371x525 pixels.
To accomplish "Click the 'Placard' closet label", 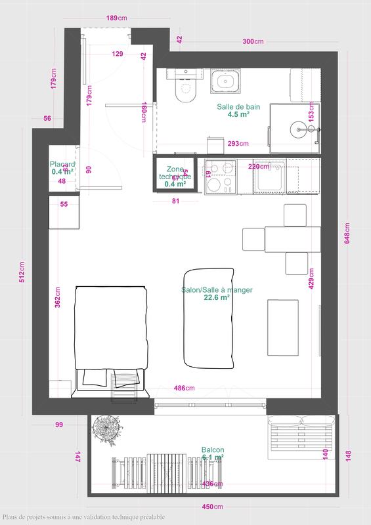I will (64, 165).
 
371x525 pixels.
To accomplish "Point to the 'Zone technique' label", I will (175, 173).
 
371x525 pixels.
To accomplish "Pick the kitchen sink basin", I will (269, 177).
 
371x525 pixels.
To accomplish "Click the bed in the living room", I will (110, 338).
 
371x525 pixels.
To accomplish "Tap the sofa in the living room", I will (209, 317).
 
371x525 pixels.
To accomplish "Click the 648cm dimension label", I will (348, 233).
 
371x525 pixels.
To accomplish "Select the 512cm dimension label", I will (23, 272).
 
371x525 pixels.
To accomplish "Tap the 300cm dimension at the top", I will (252, 41).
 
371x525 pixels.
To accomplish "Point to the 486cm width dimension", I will (184, 388).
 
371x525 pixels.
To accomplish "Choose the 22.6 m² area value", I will (217, 297).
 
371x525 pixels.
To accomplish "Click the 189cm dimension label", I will (116, 18).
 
